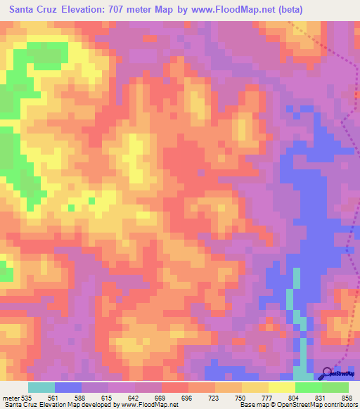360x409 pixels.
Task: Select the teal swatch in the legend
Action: (x=41, y=387)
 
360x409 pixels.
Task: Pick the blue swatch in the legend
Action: (x=67, y=387)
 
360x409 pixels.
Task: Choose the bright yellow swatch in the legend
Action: (x=281, y=387)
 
